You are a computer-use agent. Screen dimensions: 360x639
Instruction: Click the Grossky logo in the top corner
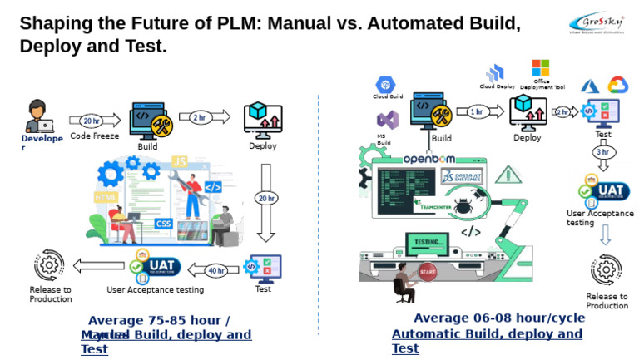(x=601, y=22)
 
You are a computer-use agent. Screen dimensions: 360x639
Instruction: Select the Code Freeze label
(x=94, y=136)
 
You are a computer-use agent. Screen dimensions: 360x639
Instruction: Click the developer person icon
(x=37, y=116)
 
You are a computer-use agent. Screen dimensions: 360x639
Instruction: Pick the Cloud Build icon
(x=384, y=85)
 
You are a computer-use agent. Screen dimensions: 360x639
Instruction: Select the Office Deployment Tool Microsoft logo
(x=541, y=68)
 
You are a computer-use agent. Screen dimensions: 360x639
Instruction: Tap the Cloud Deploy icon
(x=496, y=73)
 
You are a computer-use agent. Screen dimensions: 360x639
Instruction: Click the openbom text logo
(x=432, y=159)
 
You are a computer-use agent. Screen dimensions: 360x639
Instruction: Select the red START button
(x=428, y=272)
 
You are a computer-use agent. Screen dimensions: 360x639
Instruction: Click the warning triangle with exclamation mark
(x=506, y=175)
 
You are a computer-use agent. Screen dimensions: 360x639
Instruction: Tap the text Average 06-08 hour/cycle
(x=487, y=318)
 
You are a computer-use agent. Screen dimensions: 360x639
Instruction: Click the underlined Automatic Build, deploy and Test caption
(x=487, y=341)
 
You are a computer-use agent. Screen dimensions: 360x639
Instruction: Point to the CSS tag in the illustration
(x=163, y=223)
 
